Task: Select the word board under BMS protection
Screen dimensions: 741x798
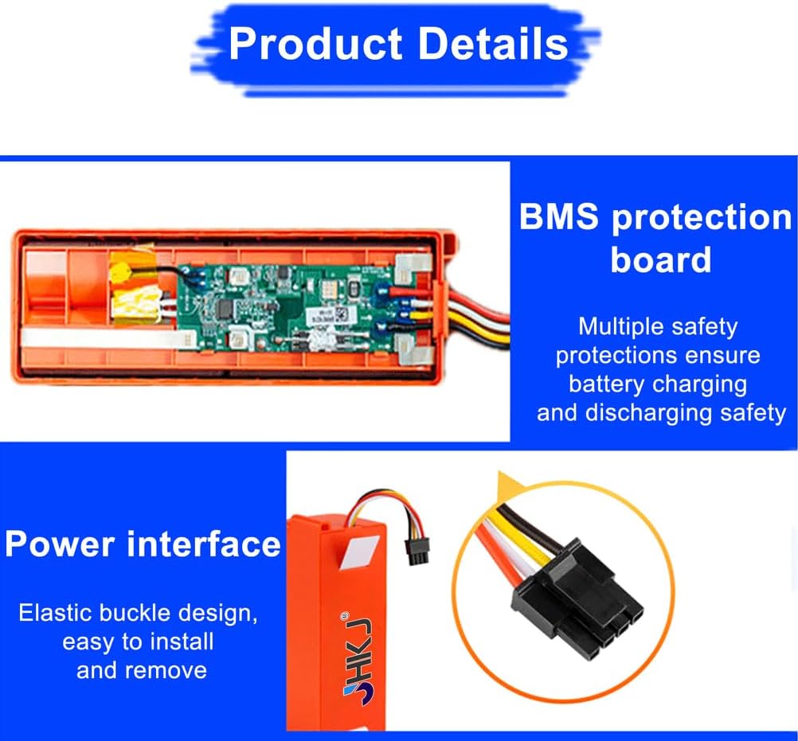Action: coord(660,259)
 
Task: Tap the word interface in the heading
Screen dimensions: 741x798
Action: coord(203,544)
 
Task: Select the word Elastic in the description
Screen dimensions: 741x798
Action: coord(56,613)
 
